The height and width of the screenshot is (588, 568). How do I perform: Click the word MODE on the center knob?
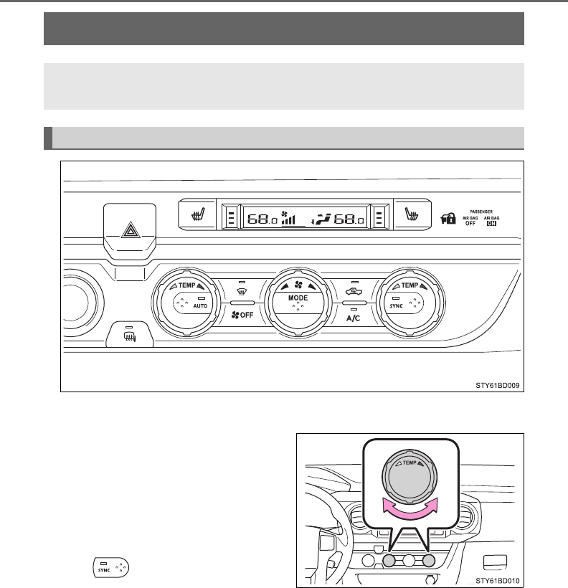pyautogui.click(x=298, y=297)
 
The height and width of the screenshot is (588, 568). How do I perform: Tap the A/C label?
pyautogui.click(x=354, y=316)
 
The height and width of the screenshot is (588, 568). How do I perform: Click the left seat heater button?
pyautogui.click(x=194, y=214)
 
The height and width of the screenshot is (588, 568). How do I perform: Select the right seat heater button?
pyautogui.click(x=412, y=214)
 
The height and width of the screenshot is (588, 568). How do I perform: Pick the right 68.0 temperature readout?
pyautogui.click(x=349, y=218)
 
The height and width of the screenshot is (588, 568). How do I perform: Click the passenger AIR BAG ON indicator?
pyautogui.click(x=492, y=219)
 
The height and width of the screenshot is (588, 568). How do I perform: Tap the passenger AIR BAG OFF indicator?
pyautogui.click(x=470, y=219)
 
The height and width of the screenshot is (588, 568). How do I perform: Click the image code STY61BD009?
pyautogui.click(x=495, y=384)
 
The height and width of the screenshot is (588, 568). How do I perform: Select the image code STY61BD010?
pyautogui.click(x=495, y=580)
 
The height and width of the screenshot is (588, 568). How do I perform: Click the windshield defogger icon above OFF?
pyautogui.click(x=242, y=292)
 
